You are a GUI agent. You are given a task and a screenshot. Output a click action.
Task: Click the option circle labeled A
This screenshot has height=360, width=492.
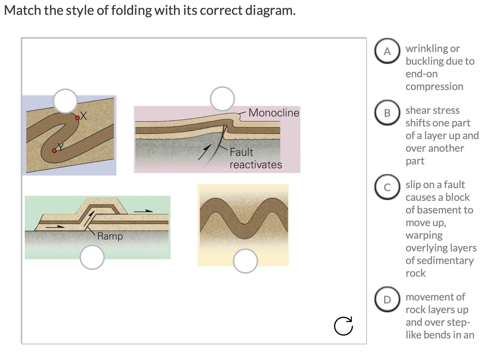(x=387, y=51)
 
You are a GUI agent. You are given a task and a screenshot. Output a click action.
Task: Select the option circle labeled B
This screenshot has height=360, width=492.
(x=387, y=113)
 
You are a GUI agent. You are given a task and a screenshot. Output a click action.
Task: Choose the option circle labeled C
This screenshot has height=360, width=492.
(x=387, y=187)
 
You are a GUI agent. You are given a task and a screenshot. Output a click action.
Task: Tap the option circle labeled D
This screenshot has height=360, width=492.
(x=387, y=299)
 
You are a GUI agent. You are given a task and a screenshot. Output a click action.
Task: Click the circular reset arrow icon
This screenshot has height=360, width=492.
(x=343, y=326)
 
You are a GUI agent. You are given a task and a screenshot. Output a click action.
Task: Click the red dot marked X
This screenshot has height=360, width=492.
(x=78, y=118)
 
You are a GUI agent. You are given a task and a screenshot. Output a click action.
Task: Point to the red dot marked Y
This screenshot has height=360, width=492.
(x=54, y=150)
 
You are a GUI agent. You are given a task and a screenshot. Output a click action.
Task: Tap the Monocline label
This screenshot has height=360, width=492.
(x=274, y=113)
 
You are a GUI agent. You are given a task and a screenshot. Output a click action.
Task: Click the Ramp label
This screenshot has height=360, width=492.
(x=110, y=236)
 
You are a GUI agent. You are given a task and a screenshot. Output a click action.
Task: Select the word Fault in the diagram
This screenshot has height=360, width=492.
(x=241, y=152)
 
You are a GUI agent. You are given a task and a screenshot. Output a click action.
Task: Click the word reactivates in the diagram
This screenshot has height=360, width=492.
(x=256, y=165)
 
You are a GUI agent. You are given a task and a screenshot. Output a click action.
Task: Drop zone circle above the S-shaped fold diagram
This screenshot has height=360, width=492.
(x=66, y=101)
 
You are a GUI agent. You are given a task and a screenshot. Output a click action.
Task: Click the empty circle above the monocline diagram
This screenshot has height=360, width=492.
(x=222, y=99)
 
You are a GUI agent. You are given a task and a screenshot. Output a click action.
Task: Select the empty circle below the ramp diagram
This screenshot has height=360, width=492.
(x=92, y=257)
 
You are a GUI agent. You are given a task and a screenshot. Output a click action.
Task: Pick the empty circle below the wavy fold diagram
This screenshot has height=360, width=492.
(x=245, y=261)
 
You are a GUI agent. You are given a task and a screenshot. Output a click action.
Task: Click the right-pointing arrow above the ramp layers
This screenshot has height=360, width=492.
(x=143, y=211)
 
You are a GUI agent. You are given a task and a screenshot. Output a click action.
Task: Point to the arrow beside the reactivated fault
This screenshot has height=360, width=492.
(x=204, y=152)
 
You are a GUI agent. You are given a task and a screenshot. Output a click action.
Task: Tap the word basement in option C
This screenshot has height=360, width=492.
(x=439, y=210)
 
